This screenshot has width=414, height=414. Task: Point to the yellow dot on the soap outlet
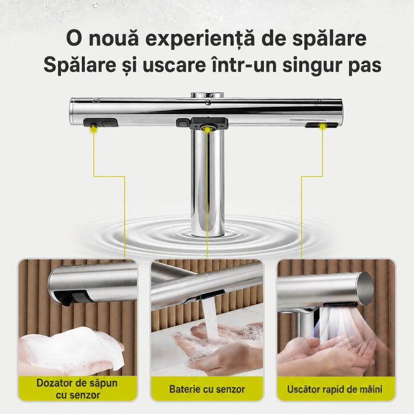tap(93, 128)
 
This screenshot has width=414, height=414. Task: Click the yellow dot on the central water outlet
tap(208, 130)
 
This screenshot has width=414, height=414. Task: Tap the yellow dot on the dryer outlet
tap(322, 126)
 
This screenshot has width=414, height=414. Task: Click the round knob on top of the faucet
tap(208, 95)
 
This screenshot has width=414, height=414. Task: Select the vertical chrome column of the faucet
tap(208, 182)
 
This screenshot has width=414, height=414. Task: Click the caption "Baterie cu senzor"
tap(207, 389)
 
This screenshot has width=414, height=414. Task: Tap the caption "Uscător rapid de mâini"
tap(334, 389)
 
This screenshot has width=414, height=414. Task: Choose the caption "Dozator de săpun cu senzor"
tap(77, 389)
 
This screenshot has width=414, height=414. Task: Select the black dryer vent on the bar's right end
tap(321, 125)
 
